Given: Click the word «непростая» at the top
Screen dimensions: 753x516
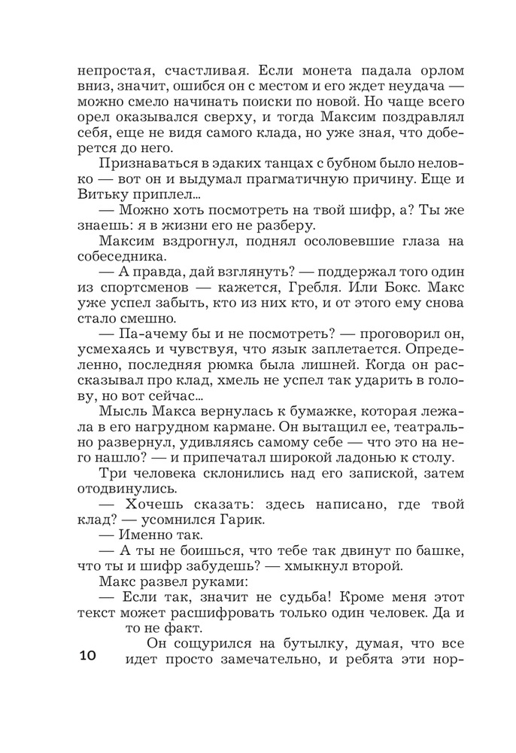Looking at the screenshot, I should [x=114, y=70].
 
